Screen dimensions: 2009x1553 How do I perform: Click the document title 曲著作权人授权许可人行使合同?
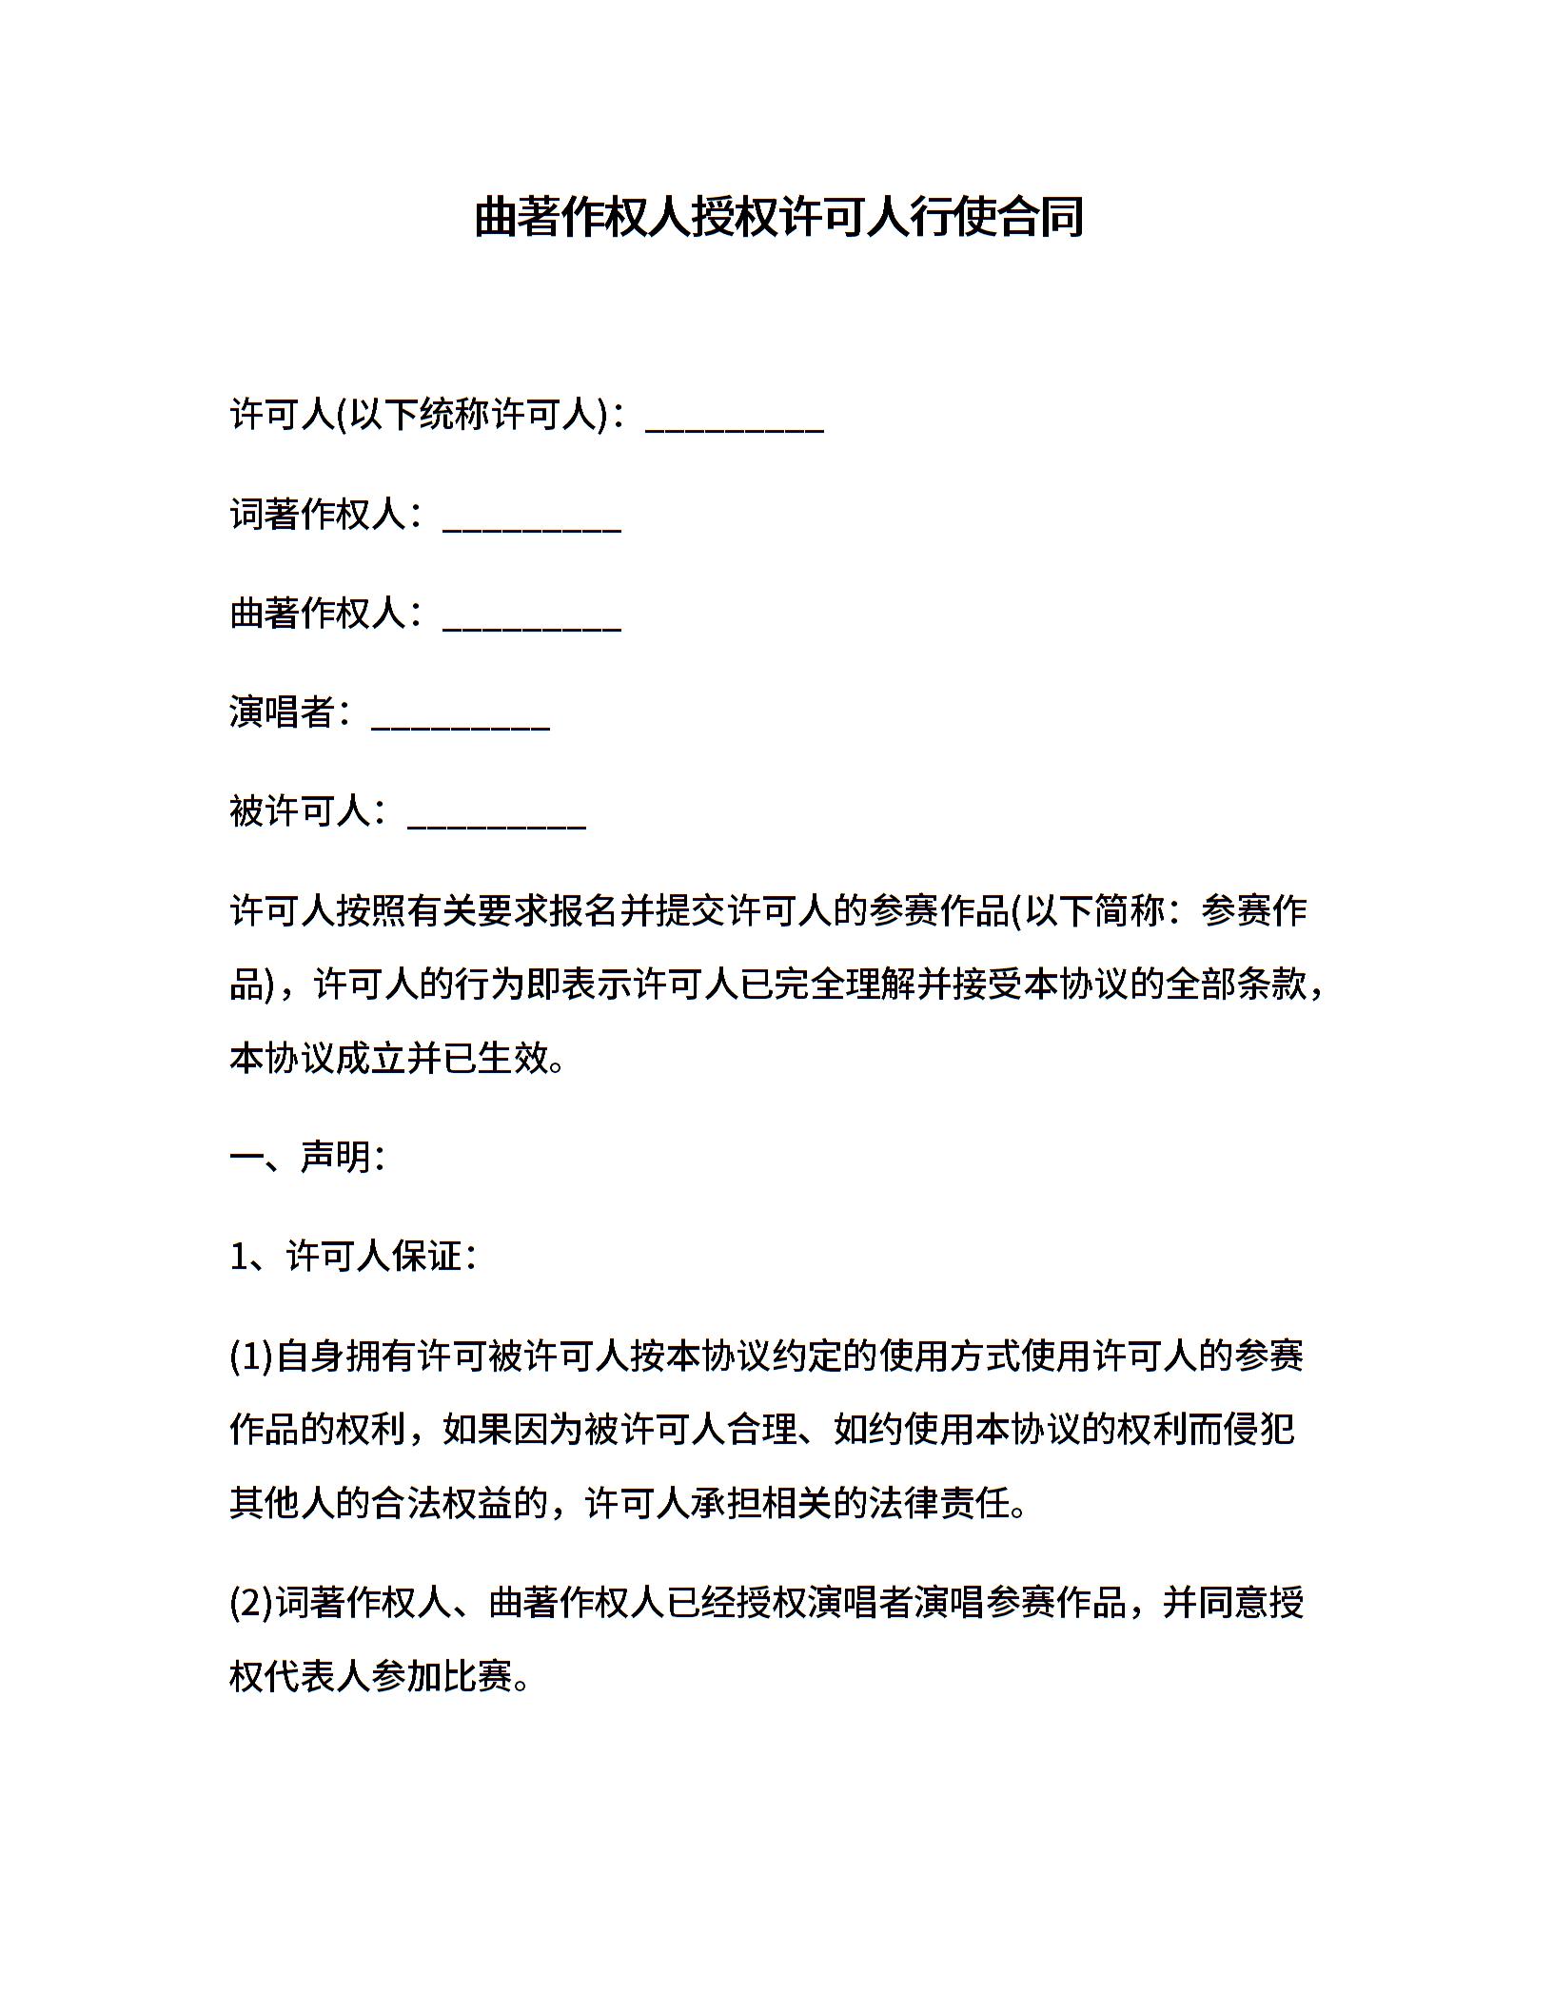778,217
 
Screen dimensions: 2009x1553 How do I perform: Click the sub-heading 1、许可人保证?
352,1257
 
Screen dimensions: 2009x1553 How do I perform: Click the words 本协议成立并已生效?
390,1058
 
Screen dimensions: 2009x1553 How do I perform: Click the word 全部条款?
1236,985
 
